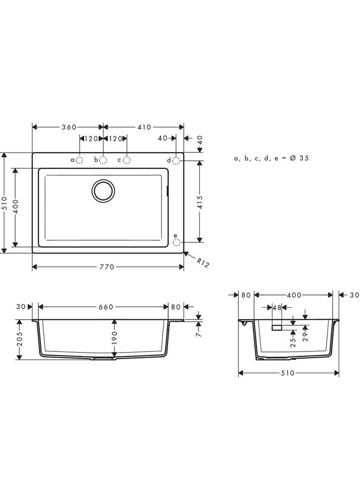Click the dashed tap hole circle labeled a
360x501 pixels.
80,160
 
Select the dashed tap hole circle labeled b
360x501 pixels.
103,160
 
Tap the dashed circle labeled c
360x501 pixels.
127,160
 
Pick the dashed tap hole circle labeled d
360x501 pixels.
176,160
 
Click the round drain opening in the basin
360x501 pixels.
104,191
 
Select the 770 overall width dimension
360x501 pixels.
107,266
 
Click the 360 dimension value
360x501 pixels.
70,127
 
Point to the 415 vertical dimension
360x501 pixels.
200,203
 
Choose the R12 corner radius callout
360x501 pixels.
202,263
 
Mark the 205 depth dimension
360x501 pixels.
20,339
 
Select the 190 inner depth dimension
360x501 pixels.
115,337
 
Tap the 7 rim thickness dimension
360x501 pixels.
198,334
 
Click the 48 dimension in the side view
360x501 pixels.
277,307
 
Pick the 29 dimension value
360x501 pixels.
305,337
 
